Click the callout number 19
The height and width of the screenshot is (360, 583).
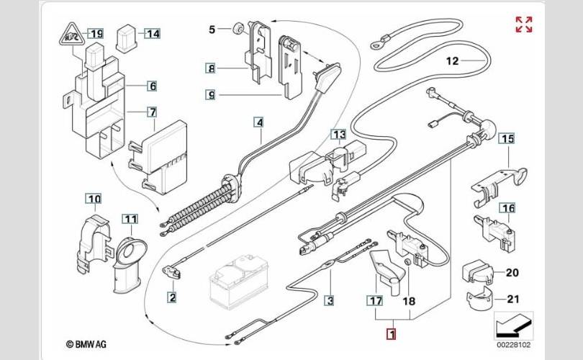[x=96, y=33]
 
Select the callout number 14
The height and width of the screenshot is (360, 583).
[x=153, y=33]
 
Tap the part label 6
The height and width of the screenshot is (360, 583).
[x=152, y=86]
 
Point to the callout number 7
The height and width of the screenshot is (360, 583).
[x=152, y=112]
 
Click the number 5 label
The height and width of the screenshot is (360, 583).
[x=212, y=30]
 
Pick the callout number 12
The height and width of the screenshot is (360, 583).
[x=452, y=61]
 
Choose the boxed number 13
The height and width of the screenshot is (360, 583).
[x=338, y=135]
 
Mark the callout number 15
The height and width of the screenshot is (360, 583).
[x=508, y=138]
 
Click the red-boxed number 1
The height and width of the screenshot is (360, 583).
[x=391, y=334]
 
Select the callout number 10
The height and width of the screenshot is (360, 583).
[x=94, y=198]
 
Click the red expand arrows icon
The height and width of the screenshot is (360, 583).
[x=523, y=24]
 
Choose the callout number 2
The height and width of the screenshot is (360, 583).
[x=172, y=296]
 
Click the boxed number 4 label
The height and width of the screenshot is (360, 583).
[x=259, y=122]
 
